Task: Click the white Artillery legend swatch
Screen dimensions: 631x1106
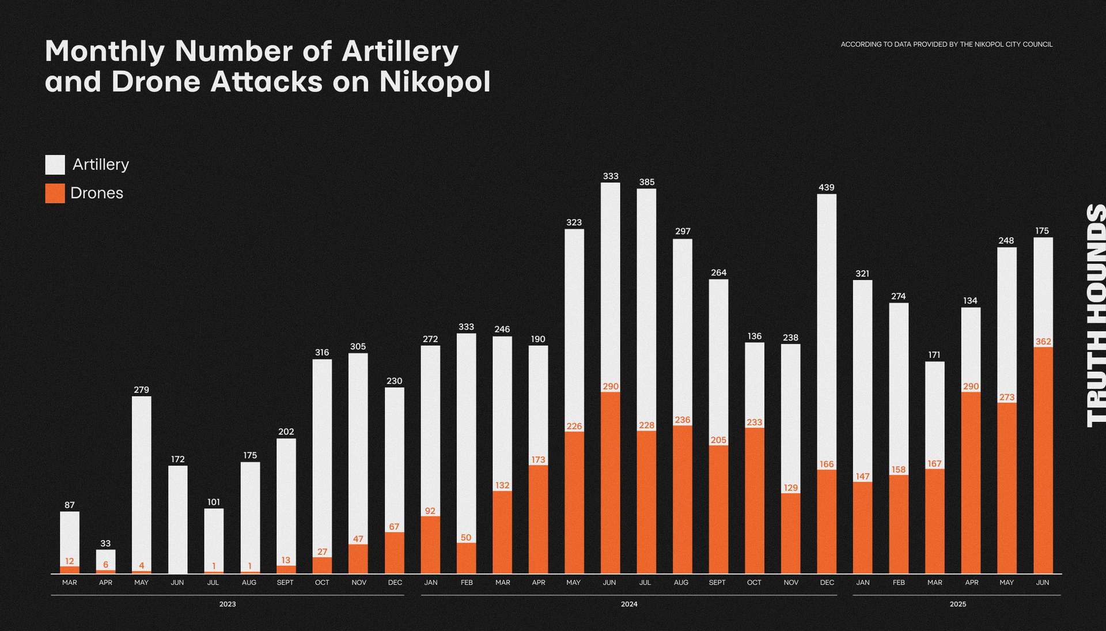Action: pos(55,165)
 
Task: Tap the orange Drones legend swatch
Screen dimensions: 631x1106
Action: pos(55,193)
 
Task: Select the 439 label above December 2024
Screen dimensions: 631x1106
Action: pos(827,187)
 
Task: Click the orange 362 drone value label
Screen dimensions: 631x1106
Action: pos(1043,342)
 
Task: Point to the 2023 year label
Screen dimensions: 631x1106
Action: pos(228,604)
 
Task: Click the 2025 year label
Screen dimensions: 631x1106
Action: pos(958,604)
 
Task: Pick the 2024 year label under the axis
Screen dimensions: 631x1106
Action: pos(629,604)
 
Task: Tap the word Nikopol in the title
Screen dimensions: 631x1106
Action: pos(435,81)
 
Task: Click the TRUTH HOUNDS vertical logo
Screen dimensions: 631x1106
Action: pos(1096,315)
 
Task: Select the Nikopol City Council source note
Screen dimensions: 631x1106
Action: pos(946,44)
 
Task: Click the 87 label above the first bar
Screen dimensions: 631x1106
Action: pos(70,505)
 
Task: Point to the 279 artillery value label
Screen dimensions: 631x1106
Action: pos(142,390)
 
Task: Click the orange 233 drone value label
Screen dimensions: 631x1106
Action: pos(755,422)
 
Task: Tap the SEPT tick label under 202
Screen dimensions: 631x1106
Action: pos(285,583)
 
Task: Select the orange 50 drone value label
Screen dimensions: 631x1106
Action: pos(466,538)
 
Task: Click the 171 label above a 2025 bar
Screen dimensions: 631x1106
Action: pos(934,355)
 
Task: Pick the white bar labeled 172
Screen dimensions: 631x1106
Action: pos(178,519)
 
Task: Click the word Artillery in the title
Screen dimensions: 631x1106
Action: pos(400,51)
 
